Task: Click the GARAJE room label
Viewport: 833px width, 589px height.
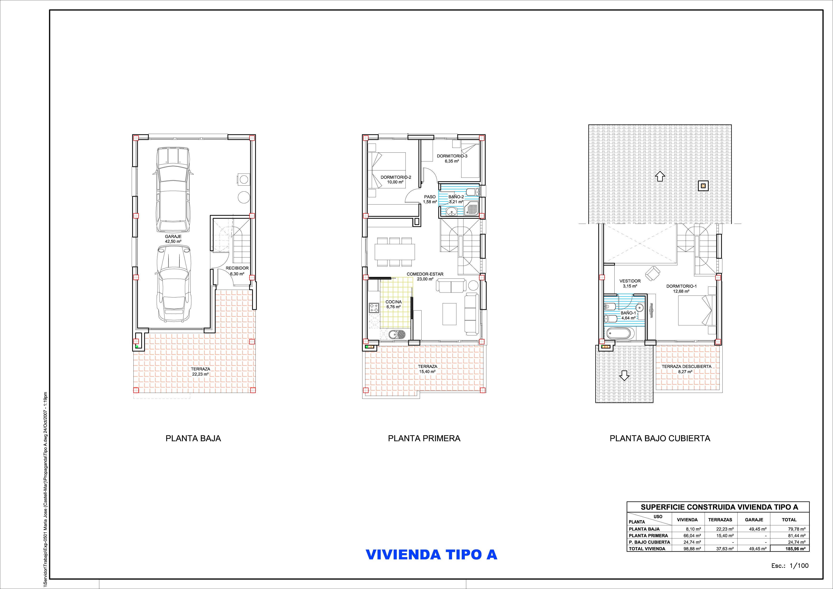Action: pos(173,237)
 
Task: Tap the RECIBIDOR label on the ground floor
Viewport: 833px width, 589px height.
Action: pos(237,268)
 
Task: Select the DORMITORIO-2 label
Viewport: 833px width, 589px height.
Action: pos(396,177)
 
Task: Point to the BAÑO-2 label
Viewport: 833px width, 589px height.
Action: pos(456,197)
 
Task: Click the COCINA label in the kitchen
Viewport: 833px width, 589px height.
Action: pos(393,302)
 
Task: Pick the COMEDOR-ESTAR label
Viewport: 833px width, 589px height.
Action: pos(425,274)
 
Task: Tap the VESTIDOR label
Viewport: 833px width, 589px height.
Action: pos(630,281)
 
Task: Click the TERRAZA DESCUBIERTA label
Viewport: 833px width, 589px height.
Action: pos(687,367)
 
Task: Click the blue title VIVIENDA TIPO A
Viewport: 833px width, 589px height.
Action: pos(431,555)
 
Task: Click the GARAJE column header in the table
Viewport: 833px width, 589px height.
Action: pos(754,520)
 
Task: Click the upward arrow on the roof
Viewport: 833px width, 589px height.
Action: pos(659,176)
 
